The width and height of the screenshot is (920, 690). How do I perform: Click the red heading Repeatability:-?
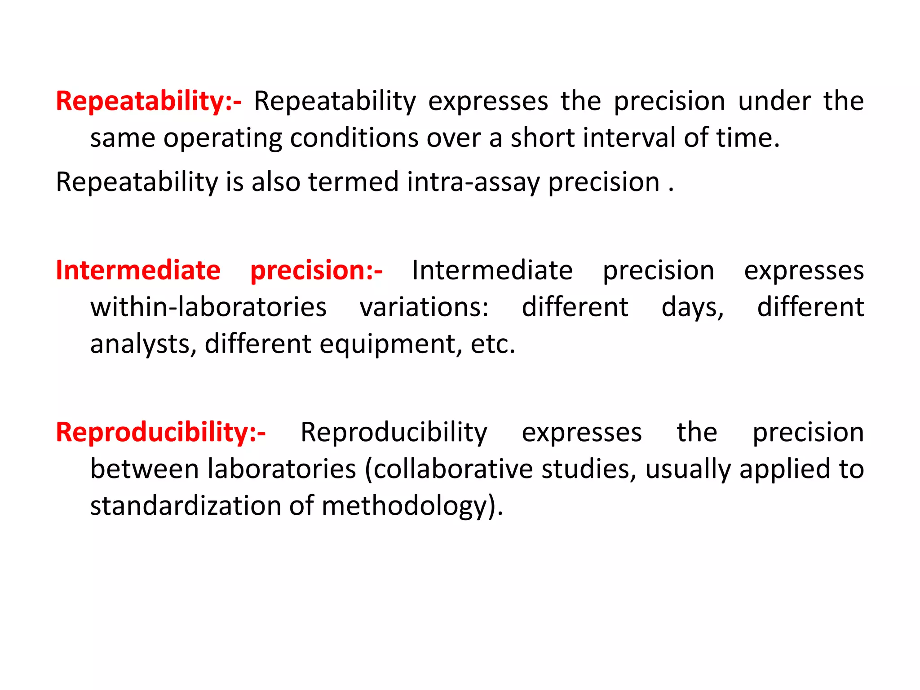tap(148, 102)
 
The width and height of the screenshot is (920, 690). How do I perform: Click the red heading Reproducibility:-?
tap(160, 433)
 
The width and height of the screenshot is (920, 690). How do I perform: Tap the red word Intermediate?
tap(138, 270)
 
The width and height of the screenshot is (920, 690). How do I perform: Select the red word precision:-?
tap(316, 271)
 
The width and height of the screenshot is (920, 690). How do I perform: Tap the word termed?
tap(354, 182)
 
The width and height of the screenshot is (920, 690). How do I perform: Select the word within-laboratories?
tap(208, 308)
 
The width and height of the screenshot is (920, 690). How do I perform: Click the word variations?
tap(424, 308)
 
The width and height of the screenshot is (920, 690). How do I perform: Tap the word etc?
tap(493, 345)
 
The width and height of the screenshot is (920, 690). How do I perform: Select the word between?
tap(144, 469)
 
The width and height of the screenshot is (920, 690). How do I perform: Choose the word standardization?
tap(185, 506)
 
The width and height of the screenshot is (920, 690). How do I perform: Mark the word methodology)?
tap(412, 507)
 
